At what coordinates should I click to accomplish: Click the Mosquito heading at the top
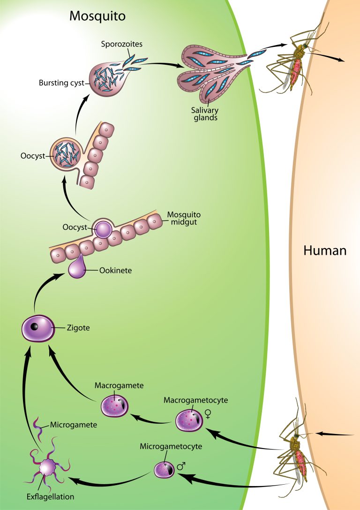point(97,16)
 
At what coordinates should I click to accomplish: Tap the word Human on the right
point(325,250)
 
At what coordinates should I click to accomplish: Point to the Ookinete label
point(115,271)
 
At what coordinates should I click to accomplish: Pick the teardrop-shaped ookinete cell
point(76,269)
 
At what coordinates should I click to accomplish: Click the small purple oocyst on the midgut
point(103,230)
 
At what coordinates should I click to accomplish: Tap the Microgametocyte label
point(171,446)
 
